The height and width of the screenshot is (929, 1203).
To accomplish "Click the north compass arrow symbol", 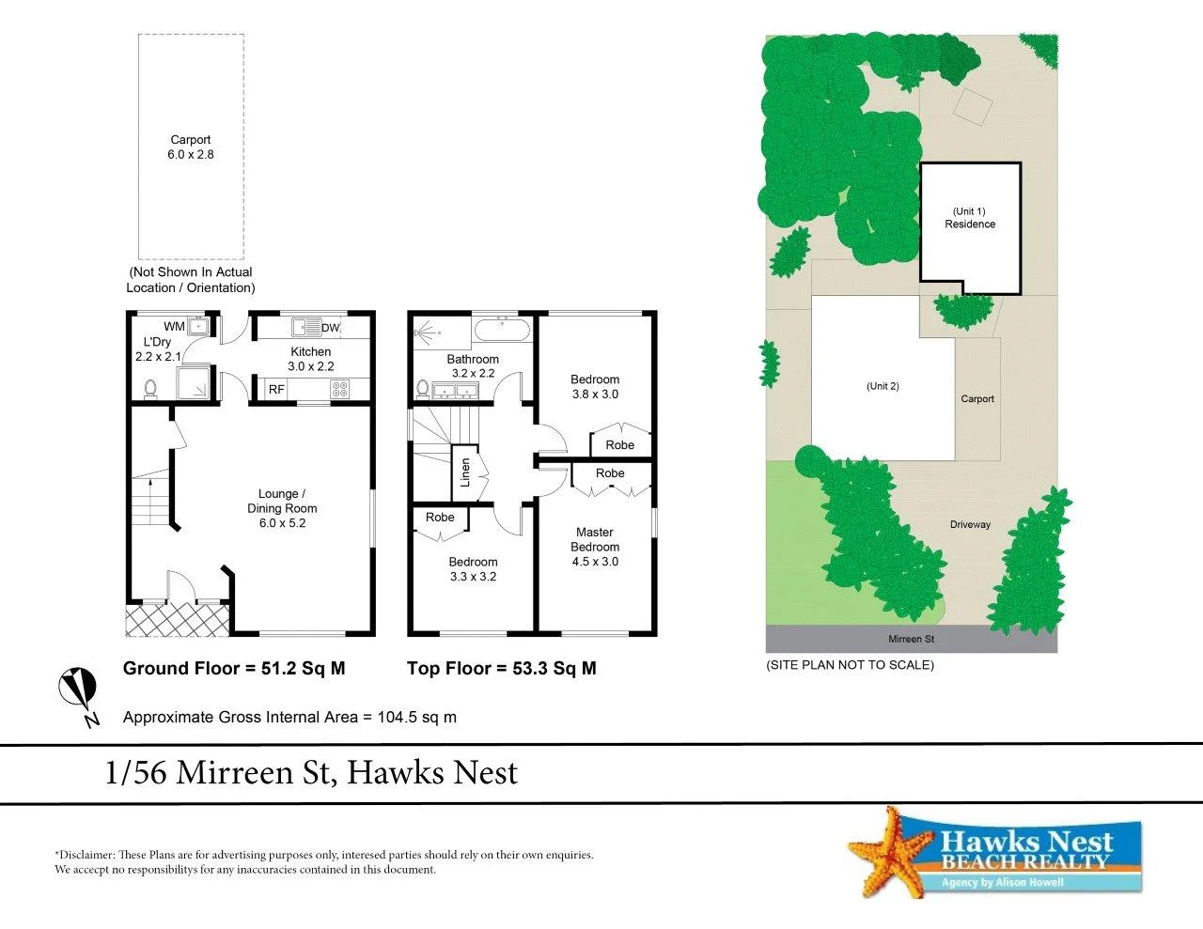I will [x=78, y=691].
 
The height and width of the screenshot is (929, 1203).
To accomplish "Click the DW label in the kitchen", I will [x=330, y=328].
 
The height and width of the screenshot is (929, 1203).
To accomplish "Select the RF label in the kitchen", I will [x=276, y=389].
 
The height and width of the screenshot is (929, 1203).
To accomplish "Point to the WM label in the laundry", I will [x=174, y=327].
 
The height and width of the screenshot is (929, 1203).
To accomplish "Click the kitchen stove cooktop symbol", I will [x=339, y=388].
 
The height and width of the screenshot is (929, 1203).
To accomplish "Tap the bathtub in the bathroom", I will [x=502, y=329].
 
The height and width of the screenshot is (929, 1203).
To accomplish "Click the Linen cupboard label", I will [x=464, y=472].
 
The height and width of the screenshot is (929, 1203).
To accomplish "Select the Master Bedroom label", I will [x=595, y=539].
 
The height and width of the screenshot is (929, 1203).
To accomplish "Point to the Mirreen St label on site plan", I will [x=911, y=639].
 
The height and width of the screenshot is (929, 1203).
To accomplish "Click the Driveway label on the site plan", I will [x=970, y=524].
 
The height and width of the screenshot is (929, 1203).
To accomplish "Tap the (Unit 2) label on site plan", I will [x=883, y=386].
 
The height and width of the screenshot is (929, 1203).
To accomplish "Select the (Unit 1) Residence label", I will [x=970, y=218].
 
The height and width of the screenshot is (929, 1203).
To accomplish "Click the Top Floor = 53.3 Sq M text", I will [x=501, y=669].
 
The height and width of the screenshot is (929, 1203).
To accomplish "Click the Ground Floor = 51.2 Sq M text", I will [x=234, y=669].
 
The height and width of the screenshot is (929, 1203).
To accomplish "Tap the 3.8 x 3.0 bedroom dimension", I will [x=595, y=395].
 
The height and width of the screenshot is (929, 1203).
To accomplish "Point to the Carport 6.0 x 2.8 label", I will [x=191, y=147].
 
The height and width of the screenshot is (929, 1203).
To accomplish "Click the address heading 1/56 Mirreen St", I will [x=311, y=773].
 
